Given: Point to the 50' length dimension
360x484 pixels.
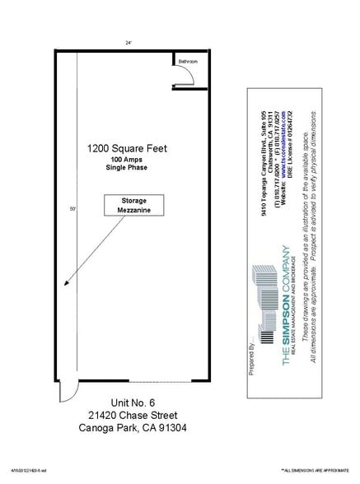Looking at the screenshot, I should [x=72, y=209].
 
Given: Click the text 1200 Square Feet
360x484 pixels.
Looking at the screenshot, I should [x=129, y=148].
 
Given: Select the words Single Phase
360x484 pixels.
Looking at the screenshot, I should [x=129, y=169].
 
